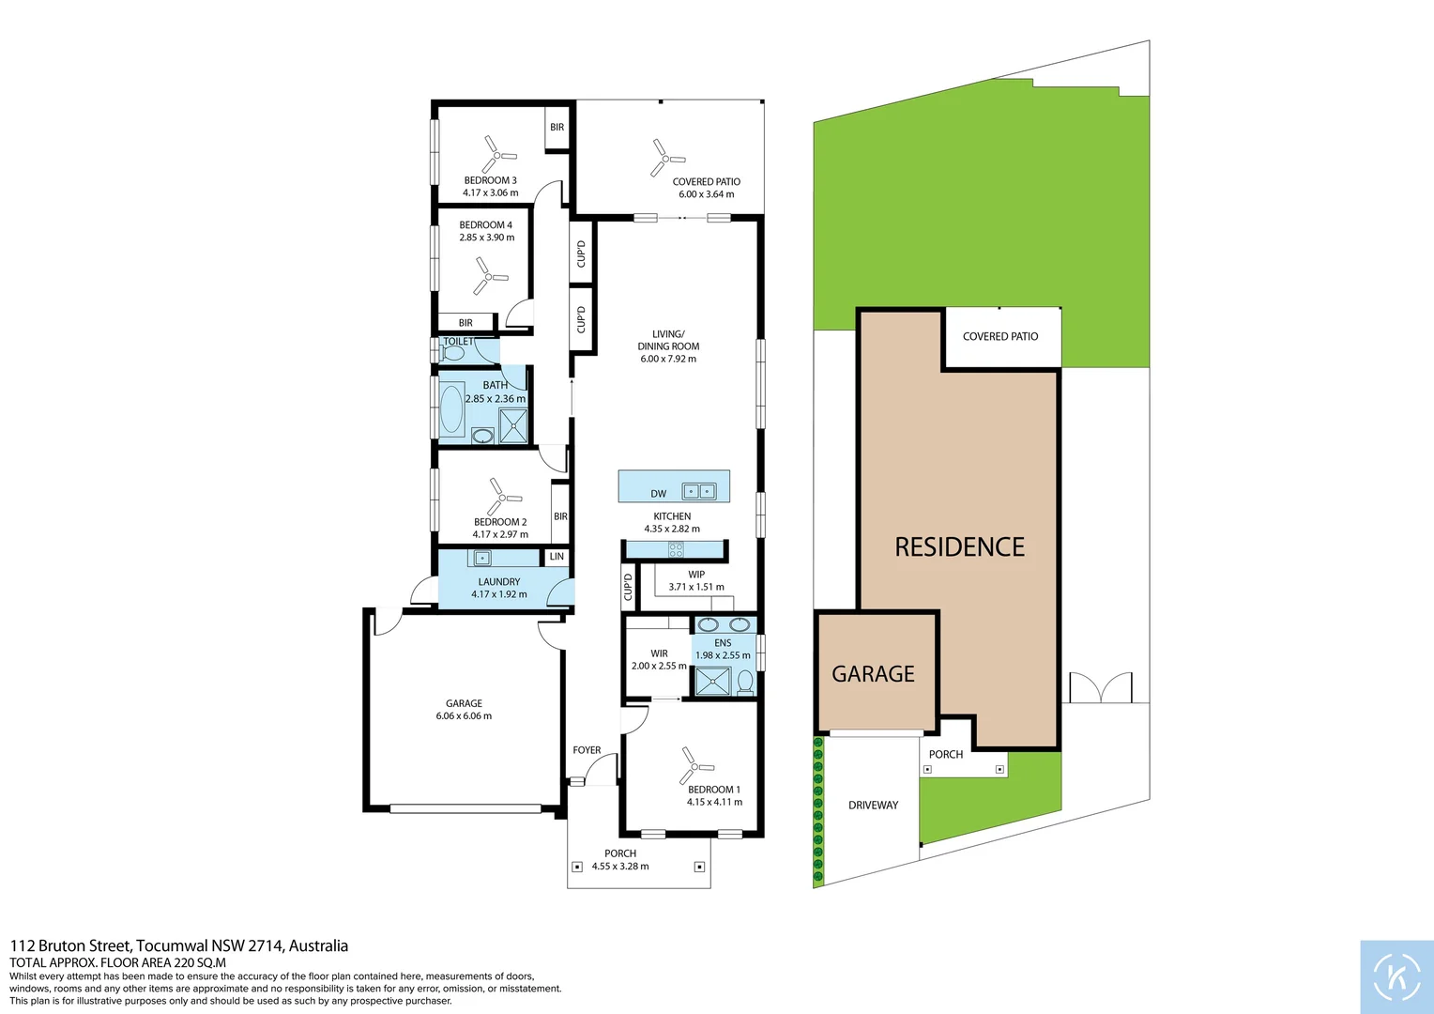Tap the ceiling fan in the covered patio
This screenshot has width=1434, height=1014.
click(x=666, y=159)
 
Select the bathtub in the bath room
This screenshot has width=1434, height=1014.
click(x=452, y=408)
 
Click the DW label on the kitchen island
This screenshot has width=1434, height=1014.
click(x=658, y=494)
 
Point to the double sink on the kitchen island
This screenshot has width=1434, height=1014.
click(x=698, y=491)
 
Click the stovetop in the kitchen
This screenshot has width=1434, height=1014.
click(x=676, y=549)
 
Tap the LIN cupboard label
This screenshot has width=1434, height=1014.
click(x=557, y=556)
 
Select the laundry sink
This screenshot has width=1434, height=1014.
click(x=482, y=558)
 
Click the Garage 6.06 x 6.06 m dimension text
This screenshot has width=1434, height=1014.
click(x=464, y=716)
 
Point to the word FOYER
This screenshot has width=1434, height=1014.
click(x=587, y=750)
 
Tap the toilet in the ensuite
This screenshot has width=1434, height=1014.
click(x=744, y=682)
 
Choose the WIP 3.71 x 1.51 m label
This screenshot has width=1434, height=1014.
click(x=696, y=581)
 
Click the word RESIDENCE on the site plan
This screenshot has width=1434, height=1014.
click(x=960, y=547)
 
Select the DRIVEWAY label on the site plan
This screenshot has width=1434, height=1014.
click(x=873, y=806)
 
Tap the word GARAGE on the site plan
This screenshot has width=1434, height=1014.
click(x=873, y=674)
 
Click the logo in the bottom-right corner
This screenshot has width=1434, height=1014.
click(x=1396, y=976)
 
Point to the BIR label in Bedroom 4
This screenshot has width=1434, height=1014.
click(x=465, y=323)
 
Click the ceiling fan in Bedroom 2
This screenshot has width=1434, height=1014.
click(x=504, y=497)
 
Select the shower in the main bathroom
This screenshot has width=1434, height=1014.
click(x=512, y=426)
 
